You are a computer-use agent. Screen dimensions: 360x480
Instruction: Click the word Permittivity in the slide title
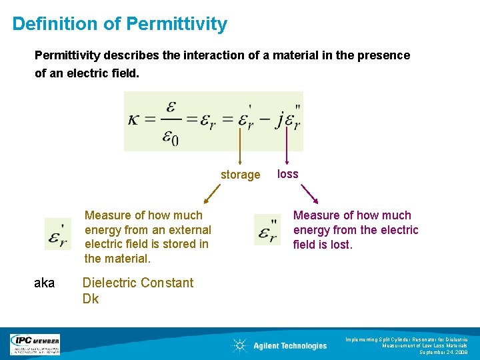pos(177,25)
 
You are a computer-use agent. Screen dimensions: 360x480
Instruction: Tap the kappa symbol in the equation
pos(135,119)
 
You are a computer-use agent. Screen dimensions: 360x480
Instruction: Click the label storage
pos(240,175)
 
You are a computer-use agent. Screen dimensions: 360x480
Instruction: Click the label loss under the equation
pos(287,174)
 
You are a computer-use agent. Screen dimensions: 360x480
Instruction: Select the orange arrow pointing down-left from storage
pos(212,194)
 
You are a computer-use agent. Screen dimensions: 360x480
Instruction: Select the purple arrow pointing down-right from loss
pos(310,194)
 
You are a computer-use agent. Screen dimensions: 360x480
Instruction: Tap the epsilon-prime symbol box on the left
pos(58,234)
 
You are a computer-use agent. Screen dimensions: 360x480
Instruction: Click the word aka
pos(44,283)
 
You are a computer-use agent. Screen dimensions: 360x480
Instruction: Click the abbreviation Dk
pos(90,299)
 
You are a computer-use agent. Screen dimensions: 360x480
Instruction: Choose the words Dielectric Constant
pos(137,283)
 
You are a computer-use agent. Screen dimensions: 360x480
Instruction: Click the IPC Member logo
pos(35,344)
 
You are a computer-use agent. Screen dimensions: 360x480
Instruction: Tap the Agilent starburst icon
pos(239,345)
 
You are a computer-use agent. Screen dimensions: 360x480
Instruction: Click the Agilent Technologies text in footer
pos(290,346)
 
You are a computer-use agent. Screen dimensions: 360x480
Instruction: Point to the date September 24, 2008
pos(443,353)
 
